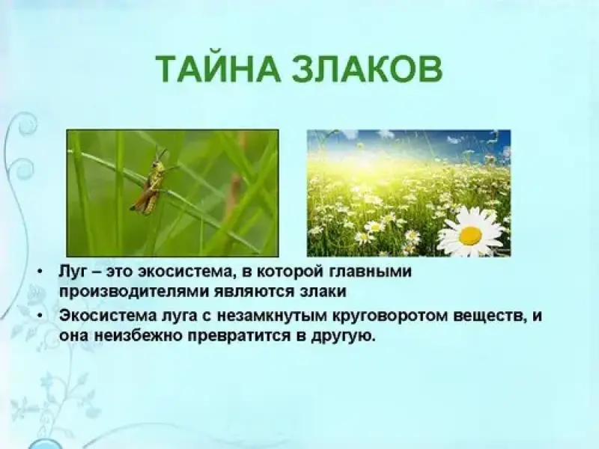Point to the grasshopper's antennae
(x=162, y=154)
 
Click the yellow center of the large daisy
(x=470, y=236)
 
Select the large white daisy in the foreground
(x=472, y=232)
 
